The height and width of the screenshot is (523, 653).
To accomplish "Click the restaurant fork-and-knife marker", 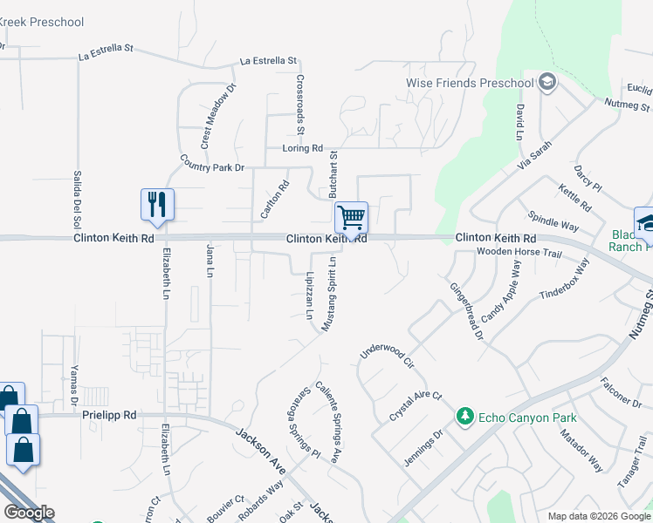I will [157, 205].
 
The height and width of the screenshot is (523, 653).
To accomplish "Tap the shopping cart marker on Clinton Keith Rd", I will [351, 216].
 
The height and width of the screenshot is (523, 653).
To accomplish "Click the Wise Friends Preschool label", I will [470, 83].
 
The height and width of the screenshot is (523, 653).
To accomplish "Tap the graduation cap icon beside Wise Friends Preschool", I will [547, 83].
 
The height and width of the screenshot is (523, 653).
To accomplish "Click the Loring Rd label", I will [303, 148].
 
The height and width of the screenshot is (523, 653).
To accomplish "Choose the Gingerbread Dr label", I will [467, 311].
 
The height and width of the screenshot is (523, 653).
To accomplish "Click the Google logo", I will [30, 512].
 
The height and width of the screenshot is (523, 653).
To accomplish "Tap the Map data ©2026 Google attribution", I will [599, 516].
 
